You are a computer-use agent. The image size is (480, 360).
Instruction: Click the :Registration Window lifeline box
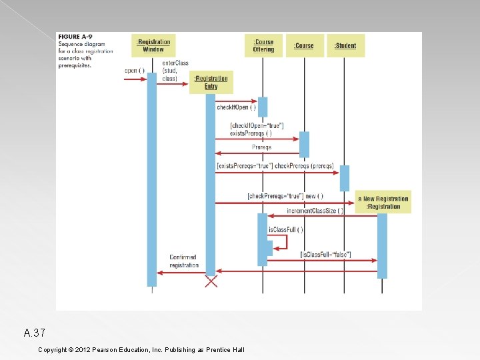pos(153,45)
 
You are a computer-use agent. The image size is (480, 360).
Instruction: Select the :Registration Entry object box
pos(211,82)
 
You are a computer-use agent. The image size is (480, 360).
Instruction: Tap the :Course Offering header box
pos(263,45)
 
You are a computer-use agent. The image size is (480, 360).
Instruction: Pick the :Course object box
pos(304,45)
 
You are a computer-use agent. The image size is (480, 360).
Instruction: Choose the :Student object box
pos(345,45)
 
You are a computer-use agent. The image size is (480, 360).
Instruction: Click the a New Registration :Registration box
pos(383,202)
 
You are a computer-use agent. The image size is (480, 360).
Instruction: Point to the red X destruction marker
pos(211,281)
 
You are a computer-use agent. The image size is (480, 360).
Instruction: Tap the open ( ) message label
pos(134,71)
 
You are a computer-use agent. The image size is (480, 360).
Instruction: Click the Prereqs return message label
pos(261,147)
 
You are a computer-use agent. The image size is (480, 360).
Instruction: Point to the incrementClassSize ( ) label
pos(315,211)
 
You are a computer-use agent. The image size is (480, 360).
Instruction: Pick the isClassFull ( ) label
pos(285,229)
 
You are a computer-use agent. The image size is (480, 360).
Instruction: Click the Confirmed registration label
pos(184,261)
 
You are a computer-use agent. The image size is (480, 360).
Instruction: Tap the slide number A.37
pos(34,333)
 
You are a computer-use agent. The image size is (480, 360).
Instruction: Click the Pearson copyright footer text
pos(141,349)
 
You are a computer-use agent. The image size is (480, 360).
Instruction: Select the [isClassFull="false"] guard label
pos(325,254)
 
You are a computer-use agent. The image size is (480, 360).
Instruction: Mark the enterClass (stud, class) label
pos(175,71)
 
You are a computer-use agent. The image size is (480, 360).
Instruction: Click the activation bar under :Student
pos(345,178)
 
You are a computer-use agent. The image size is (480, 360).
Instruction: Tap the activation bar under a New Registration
pos(382,245)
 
